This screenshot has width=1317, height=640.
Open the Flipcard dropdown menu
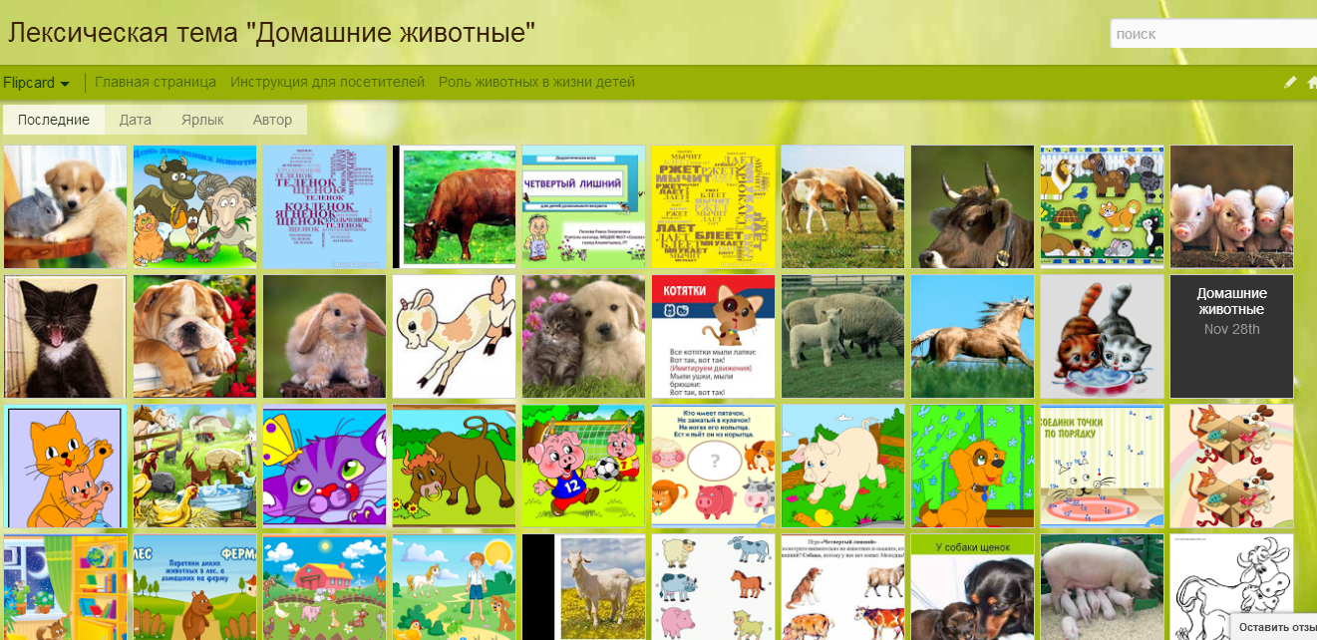[36, 83]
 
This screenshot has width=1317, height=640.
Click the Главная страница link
[156, 82]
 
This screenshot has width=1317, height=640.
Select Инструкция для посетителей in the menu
[327, 82]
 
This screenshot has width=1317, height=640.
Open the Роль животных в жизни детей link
[536, 82]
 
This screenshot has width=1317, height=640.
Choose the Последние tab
[54, 120]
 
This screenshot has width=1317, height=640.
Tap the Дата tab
[136, 120]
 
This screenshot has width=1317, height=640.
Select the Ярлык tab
[202, 120]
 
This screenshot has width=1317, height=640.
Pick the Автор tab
[272, 120]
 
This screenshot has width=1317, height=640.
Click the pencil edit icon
[1290, 83]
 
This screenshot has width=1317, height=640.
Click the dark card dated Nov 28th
[1231, 337]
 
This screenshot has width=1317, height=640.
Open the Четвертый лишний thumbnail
[583, 206]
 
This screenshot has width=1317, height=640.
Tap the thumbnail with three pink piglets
[1231, 206]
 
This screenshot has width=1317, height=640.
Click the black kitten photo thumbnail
[65, 337]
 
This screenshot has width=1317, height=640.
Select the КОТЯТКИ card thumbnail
[713, 337]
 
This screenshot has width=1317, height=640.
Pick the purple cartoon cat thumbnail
[324, 466]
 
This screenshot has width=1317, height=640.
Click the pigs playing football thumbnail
[583, 466]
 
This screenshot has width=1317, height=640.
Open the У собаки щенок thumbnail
[972, 587]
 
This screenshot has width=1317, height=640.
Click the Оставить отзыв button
[1276, 627]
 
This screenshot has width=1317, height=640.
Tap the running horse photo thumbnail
[972, 337]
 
